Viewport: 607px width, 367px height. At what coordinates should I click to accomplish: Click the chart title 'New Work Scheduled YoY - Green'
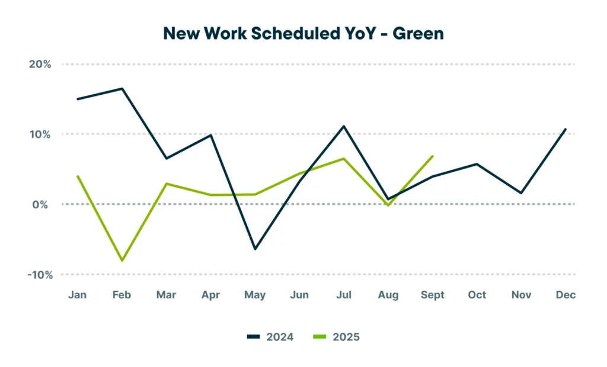pos(303,33)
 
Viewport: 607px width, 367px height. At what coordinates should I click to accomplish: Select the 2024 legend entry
pos(271,337)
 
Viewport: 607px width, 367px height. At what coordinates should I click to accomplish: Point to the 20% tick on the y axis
pos(40,64)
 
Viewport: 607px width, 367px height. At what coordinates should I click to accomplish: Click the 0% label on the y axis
pos(43,204)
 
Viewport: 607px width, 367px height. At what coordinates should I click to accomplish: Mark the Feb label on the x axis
pos(122,295)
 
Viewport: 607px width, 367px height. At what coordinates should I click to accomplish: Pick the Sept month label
pos(432,295)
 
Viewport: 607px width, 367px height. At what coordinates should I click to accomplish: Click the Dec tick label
pos(566,295)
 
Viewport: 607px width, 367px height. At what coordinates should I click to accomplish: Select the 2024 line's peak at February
pos(122,89)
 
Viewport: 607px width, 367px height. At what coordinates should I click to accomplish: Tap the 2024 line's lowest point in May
pos(255,249)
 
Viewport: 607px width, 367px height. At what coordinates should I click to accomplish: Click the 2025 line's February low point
pos(122,260)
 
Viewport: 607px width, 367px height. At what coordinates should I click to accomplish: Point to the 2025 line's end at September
pos(433,156)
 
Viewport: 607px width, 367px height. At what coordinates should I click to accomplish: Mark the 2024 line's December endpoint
pos(566,129)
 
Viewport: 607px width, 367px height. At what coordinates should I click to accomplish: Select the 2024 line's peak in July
pos(344,126)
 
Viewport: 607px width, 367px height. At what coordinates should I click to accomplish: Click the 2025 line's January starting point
pos(78,176)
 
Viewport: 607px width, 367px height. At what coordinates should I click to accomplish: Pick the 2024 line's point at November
pos(521,193)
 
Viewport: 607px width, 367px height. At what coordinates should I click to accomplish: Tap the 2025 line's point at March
pos(167,183)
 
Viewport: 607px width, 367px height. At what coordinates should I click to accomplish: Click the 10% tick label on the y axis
pos(40,134)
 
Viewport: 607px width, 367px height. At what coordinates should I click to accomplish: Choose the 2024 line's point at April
pos(211,135)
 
